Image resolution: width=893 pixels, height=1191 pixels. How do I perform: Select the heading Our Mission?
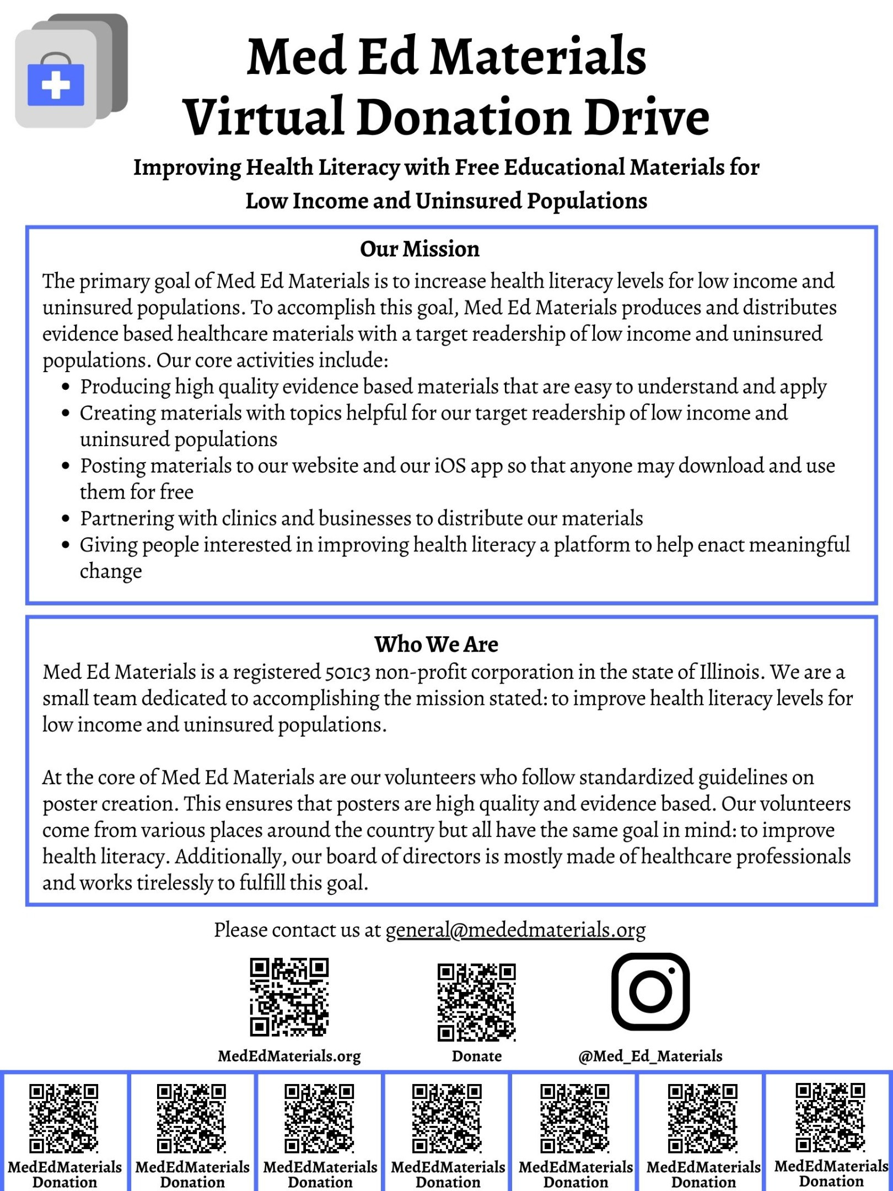419,249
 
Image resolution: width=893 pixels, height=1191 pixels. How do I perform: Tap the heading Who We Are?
436,644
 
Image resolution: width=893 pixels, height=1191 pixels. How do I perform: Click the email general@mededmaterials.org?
515,930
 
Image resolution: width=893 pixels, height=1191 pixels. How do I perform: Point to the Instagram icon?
650,991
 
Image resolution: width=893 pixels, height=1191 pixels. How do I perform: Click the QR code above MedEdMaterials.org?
289,997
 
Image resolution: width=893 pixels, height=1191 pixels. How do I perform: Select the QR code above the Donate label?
477,1002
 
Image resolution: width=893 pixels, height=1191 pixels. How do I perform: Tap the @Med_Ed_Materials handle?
650,1056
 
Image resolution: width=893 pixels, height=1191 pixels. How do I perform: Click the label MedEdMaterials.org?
289,1056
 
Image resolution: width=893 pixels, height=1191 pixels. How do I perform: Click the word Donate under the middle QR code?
477,1056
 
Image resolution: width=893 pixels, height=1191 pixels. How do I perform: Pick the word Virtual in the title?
265,117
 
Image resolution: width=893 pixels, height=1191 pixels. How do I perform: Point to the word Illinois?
731,672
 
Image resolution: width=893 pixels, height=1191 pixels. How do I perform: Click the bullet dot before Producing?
66,387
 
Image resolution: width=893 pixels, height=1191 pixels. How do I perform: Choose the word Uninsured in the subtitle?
468,201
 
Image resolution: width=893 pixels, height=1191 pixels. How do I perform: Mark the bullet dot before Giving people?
66,545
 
